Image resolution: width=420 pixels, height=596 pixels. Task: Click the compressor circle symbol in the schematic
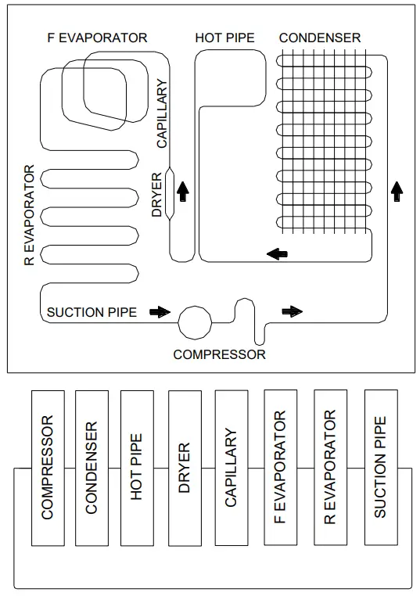pos(195,320)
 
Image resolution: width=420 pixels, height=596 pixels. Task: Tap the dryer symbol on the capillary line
pos(171,194)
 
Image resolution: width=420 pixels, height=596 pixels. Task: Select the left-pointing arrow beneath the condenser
pos(276,253)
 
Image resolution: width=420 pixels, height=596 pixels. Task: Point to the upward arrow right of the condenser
pos(397,190)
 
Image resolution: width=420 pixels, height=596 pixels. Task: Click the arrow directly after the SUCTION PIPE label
pos(160,311)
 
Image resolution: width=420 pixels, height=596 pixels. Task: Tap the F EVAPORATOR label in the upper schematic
pos(97,38)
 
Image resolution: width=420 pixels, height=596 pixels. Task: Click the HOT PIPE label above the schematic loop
pos(224,38)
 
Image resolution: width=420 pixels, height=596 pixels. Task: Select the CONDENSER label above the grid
pos(319,38)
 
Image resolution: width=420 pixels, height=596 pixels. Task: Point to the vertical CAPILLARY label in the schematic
pos(162,116)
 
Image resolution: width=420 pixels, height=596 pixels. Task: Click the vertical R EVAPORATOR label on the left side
pos(30,216)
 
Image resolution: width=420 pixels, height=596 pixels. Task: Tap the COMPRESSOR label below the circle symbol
pos(219,354)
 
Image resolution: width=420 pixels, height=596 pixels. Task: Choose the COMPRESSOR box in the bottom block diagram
pos(48,468)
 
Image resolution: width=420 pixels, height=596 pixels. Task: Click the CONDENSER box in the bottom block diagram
pos(92,468)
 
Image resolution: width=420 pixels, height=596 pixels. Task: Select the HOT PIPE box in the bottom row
pos(136,468)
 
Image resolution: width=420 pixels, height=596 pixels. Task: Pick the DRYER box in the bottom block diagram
pos(185,468)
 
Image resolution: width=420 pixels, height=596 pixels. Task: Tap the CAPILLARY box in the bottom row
pos(231,468)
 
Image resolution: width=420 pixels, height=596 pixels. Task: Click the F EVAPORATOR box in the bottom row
pos(281,468)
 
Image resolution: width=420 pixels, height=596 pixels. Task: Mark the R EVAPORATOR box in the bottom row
pos(330,468)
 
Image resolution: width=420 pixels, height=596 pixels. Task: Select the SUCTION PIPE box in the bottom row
pos(380,468)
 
